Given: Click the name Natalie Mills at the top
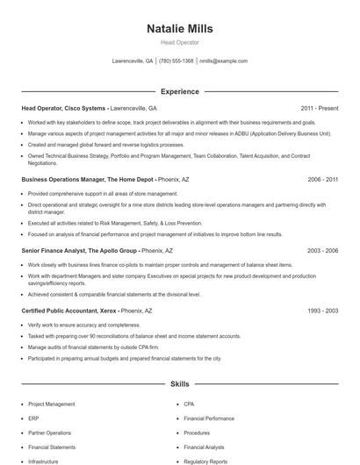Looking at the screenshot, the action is [x=179, y=29].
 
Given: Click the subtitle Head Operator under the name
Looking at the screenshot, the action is [x=179, y=42].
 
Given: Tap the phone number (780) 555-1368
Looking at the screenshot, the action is [x=176, y=61].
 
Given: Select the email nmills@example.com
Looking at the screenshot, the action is [x=224, y=61].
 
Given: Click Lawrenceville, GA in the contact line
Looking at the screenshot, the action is [x=133, y=61].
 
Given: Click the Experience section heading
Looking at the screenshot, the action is [x=179, y=91].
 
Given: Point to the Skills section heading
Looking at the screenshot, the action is [x=179, y=384].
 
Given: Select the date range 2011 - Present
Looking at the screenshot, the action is [x=319, y=108].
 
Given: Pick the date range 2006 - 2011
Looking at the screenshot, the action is [x=323, y=179].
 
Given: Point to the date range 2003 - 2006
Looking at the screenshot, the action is [x=323, y=250].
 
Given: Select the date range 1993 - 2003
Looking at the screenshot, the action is [x=323, y=311].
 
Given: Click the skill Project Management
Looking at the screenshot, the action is [x=50, y=404].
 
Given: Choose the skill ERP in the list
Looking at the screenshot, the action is [x=33, y=418].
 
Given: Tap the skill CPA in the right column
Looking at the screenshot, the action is [x=189, y=404].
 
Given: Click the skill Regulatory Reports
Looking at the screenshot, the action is [x=205, y=461].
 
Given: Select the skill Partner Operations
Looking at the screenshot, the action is [x=49, y=433].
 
